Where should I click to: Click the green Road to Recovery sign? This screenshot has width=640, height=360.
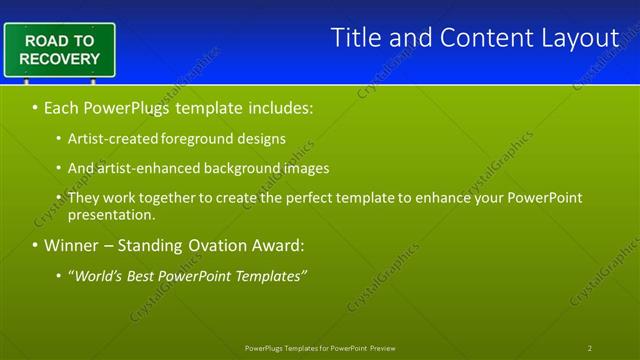point(59,50)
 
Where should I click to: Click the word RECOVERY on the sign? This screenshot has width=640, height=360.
point(59,59)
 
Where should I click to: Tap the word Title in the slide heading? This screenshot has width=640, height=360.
point(356,38)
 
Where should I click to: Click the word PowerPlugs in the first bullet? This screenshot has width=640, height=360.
point(128,105)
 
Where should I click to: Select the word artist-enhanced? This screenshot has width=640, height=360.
point(142,168)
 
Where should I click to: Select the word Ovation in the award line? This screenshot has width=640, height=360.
point(224,245)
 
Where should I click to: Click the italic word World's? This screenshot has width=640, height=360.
point(98,275)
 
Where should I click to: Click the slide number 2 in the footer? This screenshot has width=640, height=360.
point(590,348)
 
